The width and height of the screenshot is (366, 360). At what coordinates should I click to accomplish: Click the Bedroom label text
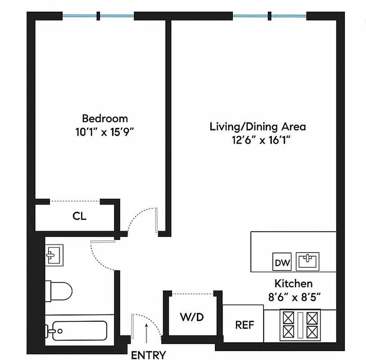click(x=105, y=118)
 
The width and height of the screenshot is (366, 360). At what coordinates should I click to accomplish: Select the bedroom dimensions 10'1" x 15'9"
click(x=105, y=132)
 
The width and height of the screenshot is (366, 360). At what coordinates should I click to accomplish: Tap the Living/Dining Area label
click(x=258, y=126)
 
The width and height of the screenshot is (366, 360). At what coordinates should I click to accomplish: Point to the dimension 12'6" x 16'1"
click(x=258, y=140)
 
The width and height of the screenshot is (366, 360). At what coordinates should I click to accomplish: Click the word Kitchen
click(x=293, y=283)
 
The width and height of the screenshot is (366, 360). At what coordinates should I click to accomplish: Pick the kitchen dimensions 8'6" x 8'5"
click(x=293, y=297)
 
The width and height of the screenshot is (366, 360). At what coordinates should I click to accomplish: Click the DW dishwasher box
click(x=282, y=262)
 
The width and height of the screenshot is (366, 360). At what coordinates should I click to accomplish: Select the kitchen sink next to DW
click(x=308, y=261)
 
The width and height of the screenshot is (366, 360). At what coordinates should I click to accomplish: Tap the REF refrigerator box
click(x=245, y=324)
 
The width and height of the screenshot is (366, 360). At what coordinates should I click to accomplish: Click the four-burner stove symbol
click(x=300, y=325)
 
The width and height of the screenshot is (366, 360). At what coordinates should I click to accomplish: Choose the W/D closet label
click(x=192, y=317)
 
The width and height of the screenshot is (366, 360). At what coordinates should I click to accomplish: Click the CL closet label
click(x=79, y=216)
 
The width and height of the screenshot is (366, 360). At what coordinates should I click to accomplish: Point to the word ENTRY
click(x=148, y=355)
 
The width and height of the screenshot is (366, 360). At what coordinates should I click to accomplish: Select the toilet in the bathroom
click(x=58, y=290)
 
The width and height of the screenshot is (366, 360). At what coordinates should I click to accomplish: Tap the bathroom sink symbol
click(x=55, y=256)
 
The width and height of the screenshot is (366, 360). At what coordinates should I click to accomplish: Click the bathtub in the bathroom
click(x=76, y=331)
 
